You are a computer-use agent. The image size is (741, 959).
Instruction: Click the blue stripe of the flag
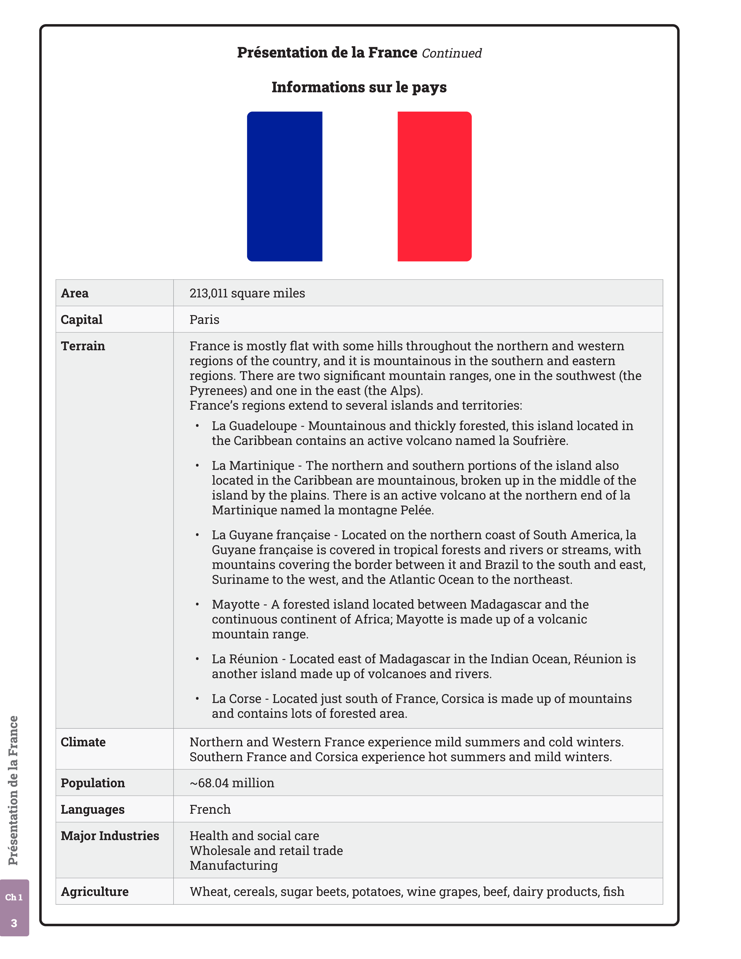(x=284, y=186)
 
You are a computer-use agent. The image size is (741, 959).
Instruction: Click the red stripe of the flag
(x=434, y=186)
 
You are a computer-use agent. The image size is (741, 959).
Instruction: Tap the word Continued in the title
(x=451, y=53)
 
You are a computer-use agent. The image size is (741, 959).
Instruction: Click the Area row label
(x=75, y=293)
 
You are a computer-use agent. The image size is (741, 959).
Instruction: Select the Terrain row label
(x=83, y=346)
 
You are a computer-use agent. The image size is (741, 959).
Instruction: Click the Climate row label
(x=83, y=742)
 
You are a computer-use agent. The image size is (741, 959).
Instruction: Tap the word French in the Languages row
(x=210, y=809)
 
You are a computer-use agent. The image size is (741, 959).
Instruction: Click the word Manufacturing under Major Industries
(x=234, y=865)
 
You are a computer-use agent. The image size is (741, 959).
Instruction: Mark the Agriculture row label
(x=94, y=892)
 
